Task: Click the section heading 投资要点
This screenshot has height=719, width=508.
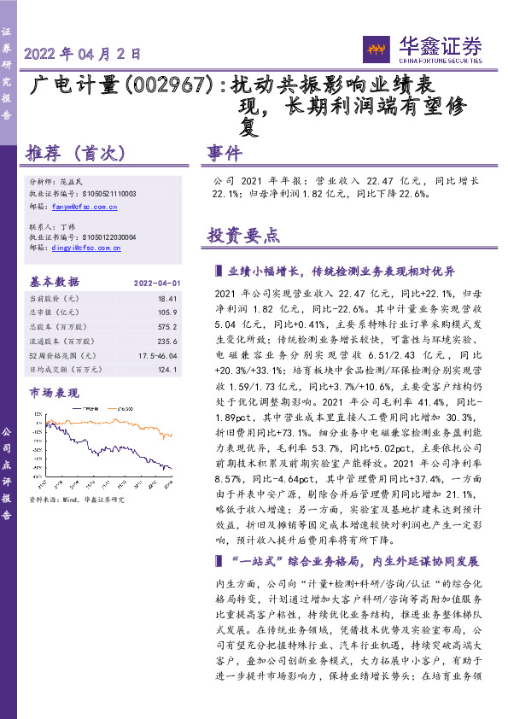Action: click(243, 236)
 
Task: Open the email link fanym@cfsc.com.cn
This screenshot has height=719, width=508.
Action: click(85, 207)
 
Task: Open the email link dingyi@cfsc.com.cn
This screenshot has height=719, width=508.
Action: click(86, 248)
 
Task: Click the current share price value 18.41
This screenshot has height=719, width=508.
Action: click(167, 298)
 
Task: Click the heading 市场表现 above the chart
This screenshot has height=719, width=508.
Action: click(54, 392)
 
